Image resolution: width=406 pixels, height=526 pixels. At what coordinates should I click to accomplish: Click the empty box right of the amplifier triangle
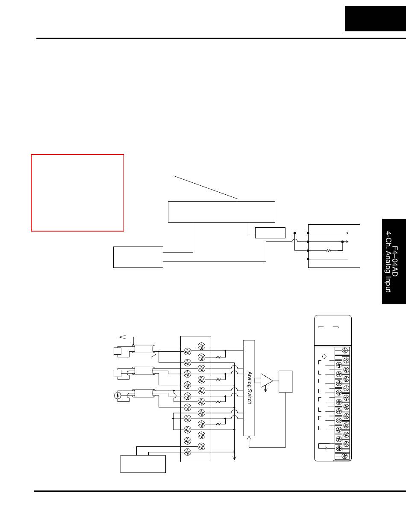[x=285, y=381]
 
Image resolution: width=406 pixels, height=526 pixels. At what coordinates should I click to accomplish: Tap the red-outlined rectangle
[x=77, y=193]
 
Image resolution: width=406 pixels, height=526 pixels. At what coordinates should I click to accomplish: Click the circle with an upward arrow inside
[x=118, y=395]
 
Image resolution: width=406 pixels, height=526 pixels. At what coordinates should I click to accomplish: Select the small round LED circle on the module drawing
[x=325, y=356]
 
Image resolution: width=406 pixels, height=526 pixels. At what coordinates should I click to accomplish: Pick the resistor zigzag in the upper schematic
[x=329, y=250]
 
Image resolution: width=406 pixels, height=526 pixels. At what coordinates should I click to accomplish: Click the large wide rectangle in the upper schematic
[x=221, y=211]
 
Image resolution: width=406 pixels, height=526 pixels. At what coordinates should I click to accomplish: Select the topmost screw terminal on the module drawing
[x=344, y=351]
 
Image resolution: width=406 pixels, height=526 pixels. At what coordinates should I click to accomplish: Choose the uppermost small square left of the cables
[x=117, y=351]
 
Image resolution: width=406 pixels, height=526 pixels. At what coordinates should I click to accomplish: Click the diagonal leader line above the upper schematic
[x=205, y=187]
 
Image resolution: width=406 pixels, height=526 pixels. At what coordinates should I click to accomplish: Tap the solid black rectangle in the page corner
[x=375, y=19]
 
